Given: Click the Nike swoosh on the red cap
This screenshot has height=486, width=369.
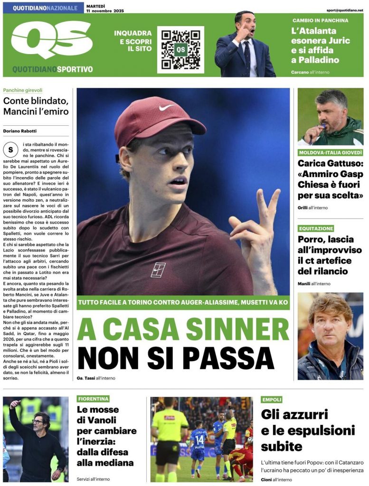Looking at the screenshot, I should (167, 107).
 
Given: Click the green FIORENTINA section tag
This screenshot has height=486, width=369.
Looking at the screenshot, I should (93, 399).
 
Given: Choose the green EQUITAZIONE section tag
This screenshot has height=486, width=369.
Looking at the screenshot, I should (316, 228).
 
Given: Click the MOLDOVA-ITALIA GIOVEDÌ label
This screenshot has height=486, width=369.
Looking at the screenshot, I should (330, 153).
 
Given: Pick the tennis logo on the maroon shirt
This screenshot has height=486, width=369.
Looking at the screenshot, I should (158, 270).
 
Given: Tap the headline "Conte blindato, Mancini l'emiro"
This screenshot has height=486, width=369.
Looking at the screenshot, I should (36, 106).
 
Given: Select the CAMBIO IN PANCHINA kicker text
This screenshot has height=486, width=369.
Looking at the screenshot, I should (320, 20).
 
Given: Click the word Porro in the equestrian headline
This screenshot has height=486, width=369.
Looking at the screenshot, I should (311, 239).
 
